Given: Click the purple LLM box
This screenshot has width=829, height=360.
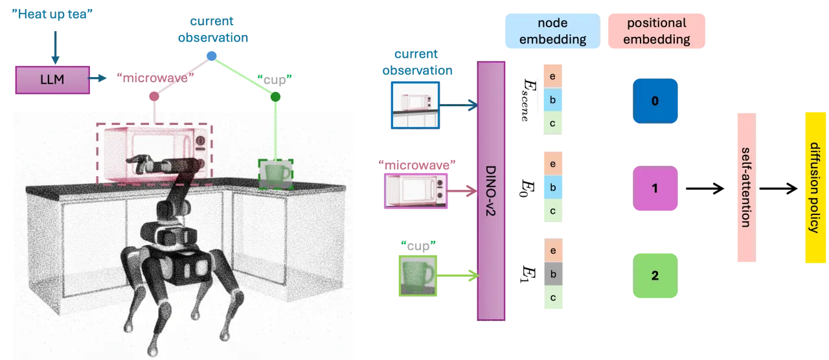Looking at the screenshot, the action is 52,80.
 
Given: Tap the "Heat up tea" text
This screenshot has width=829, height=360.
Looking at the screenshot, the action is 52,14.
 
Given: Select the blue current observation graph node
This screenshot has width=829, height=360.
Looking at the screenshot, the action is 212,56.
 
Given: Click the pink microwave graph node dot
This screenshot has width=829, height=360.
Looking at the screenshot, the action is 154,96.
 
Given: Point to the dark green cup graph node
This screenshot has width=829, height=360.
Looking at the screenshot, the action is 275,97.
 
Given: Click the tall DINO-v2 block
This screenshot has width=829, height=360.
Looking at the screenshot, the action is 491,191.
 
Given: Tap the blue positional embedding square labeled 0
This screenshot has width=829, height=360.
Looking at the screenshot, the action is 655,101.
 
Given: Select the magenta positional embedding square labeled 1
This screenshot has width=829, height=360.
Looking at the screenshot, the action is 655,188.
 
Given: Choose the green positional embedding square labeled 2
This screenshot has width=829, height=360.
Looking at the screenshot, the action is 655,276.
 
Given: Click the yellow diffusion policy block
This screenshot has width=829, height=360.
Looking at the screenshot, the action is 815,188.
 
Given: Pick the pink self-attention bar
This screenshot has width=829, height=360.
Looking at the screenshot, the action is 747,188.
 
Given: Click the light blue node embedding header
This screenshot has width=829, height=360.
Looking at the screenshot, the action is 552,31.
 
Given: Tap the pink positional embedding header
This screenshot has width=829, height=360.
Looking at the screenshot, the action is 657,31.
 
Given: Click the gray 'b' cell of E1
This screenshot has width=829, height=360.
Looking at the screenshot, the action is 553,274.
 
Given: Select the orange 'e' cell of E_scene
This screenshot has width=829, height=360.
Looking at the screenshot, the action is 553,76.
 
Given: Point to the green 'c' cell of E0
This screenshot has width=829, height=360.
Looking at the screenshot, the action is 553,210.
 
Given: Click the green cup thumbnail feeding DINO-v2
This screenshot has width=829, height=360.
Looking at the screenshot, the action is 418,276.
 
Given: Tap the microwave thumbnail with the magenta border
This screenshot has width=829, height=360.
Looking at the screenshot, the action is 416,191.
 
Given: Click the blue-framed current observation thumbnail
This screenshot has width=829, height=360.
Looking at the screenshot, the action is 416,106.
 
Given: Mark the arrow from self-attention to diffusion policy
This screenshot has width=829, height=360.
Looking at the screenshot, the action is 778,188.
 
